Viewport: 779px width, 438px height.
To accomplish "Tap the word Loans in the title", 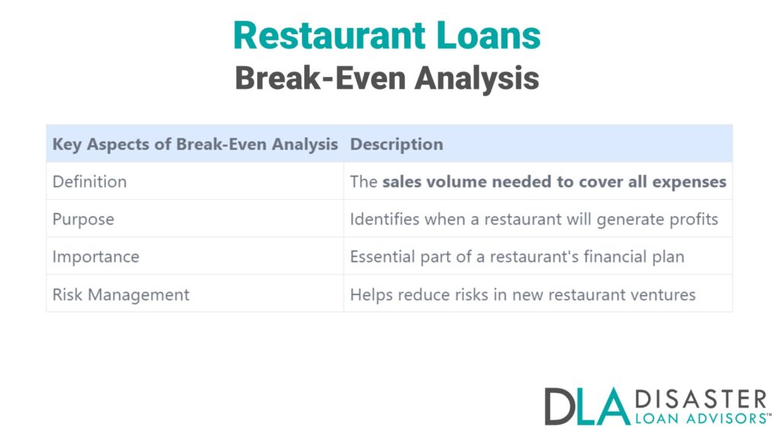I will point(489,36).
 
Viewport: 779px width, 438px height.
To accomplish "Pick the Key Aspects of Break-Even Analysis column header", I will point(195,144).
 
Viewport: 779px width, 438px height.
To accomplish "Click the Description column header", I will point(396,144).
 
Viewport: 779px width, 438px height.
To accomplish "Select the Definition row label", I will point(90,182).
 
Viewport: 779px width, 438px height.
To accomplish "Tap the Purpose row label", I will point(83,219).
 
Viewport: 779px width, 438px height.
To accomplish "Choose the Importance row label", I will point(96,256).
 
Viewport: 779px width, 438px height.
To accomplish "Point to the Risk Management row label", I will point(121,294).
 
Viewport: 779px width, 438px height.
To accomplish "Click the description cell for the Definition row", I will point(538,182).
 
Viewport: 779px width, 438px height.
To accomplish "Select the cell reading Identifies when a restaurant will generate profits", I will point(534,219).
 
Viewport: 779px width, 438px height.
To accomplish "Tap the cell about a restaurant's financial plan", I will point(517,256).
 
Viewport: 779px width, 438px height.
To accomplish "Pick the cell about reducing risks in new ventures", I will point(523,294).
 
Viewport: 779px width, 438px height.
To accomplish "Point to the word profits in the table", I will point(694,219).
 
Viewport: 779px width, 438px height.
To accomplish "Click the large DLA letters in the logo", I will point(587,406).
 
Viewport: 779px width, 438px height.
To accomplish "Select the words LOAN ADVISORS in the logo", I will point(700,417).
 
